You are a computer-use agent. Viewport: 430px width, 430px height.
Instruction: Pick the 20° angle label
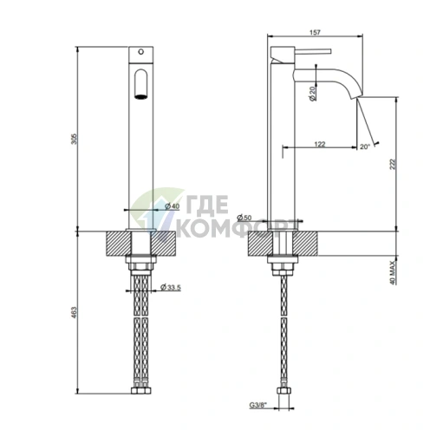point(365,147)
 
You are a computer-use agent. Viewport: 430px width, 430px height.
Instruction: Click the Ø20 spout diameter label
point(312,94)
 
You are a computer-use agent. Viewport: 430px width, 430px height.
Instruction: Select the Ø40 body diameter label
point(172,206)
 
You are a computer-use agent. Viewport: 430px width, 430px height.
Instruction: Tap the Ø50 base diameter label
point(245,217)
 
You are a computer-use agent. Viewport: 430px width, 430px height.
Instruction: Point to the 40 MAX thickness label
point(392,271)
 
